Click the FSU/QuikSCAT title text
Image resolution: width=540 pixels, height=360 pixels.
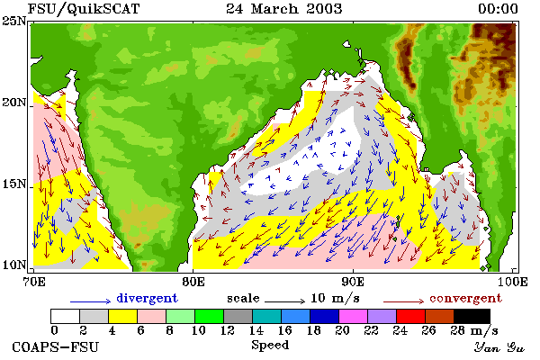pyautogui.click(x=84, y=9)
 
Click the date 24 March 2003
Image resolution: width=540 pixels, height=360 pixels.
pyautogui.click(x=284, y=9)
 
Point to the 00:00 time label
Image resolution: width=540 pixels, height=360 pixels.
pyautogui.click(x=498, y=9)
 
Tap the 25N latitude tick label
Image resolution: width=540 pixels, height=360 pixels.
pyautogui.click(x=14, y=22)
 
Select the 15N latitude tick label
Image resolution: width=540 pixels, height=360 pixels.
pyautogui.click(x=14, y=184)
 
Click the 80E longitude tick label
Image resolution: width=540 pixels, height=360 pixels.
pyautogui.click(x=193, y=282)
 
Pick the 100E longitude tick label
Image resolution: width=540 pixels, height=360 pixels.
pyautogui.click(x=513, y=282)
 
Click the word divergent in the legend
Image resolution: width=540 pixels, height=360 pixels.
pyautogui.click(x=147, y=298)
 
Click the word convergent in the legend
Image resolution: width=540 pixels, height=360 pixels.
pyautogui.click(x=465, y=298)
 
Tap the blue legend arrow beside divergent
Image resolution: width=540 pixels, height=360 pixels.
pyautogui.click(x=91, y=301)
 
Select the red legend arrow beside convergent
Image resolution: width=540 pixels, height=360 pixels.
pyautogui.click(x=403, y=301)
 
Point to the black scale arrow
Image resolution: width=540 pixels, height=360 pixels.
pyautogui.click(x=284, y=301)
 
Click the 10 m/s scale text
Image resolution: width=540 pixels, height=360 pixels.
pyautogui.click(x=335, y=298)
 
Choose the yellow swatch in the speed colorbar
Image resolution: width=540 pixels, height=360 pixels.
pyautogui.click(x=123, y=316)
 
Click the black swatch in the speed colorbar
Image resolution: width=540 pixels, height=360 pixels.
pyautogui.click(x=472, y=316)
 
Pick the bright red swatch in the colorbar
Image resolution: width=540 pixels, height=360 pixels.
pyautogui.click(x=410, y=316)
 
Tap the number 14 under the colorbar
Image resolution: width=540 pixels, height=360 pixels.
pyautogui.click(x=256, y=330)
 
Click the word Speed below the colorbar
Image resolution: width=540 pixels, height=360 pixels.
pyautogui.click(x=270, y=345)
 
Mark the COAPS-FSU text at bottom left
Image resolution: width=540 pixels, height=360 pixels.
pyautogui.click(x=56, y=346)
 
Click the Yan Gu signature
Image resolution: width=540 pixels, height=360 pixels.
pyautogui.click(x=499, y=347)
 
